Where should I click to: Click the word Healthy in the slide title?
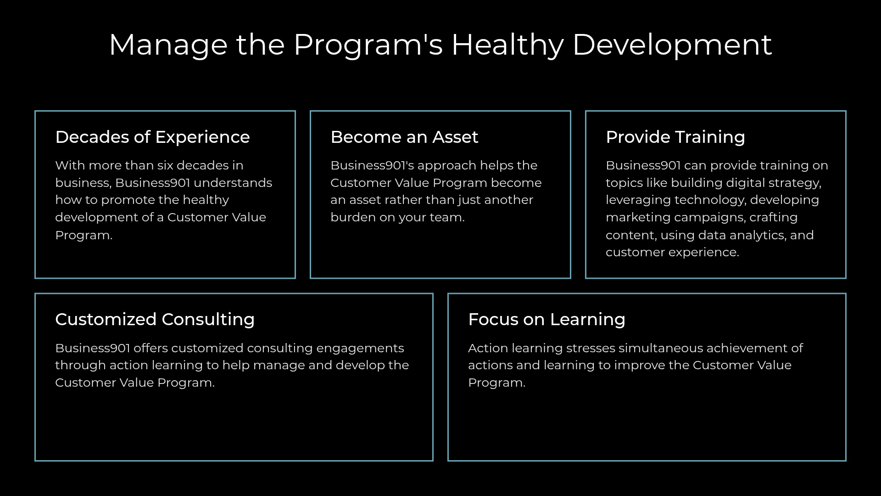click(x=507, y=45)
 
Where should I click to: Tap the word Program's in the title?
click(x=368, y=45)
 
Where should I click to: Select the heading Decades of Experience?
click(x=152, y=137)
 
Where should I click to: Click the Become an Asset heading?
click(x=404, y=137)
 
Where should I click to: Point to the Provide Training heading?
click(x=675, y=137)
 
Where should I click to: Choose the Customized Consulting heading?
click(x=155, y=319)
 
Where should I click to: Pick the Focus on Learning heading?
click(x=546, y=319)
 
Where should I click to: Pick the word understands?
click(x=233, y=183)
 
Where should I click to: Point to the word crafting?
click(x=774, y=218)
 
